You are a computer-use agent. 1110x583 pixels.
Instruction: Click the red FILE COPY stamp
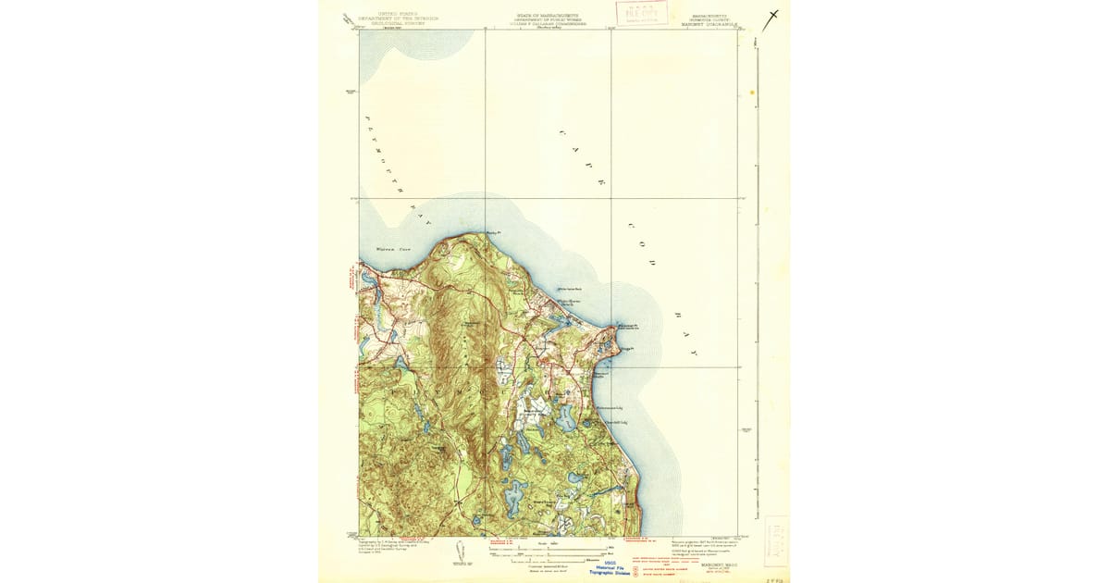coord(642,13)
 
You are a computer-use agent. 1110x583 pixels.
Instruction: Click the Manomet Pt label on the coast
coord(628,326)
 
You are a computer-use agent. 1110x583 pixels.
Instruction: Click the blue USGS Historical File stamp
coord(610,569)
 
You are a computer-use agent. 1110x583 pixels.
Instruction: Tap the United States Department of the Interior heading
coord(388,18)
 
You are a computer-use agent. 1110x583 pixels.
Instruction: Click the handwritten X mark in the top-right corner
coord(771,17)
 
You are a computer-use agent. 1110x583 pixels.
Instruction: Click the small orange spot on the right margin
coord(752,93)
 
